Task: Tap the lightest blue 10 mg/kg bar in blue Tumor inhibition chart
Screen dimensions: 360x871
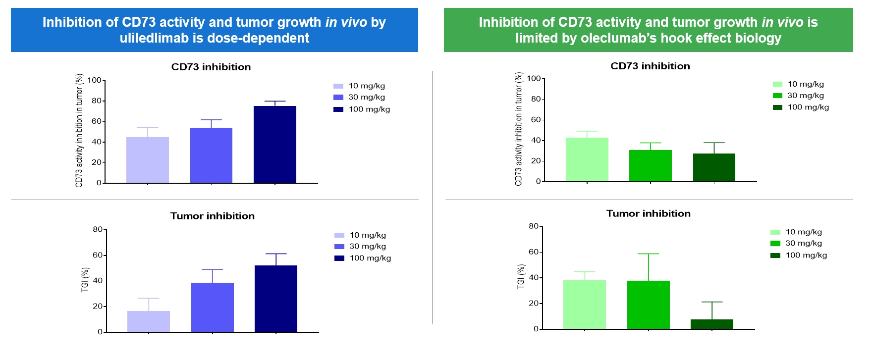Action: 149,321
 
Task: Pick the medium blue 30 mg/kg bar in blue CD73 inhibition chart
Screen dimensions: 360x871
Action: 211,155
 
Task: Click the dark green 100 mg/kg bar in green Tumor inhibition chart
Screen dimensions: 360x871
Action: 711,324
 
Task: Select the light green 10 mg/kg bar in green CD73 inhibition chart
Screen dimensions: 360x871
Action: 587,159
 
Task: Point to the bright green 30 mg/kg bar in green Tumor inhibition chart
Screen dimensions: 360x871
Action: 648,305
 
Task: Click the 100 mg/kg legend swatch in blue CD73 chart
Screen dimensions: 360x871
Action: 338,109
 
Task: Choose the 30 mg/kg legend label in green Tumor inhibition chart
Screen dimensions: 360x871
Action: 803,243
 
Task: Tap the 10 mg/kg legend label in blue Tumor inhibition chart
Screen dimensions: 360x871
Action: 367,235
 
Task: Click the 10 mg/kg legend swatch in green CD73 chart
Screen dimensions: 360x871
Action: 777,84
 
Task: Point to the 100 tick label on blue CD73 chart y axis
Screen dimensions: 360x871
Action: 94,80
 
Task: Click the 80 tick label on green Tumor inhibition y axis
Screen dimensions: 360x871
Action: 533,226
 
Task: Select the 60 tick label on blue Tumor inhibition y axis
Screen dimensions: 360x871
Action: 98,256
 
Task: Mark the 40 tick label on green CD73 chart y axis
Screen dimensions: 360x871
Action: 536,141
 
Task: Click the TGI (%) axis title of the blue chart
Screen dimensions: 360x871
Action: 85,280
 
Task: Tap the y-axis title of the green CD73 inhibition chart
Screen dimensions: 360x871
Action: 519,129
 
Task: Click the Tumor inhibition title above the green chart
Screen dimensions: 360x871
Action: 648,213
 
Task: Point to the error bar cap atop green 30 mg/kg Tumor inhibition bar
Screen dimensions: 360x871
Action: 648,254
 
